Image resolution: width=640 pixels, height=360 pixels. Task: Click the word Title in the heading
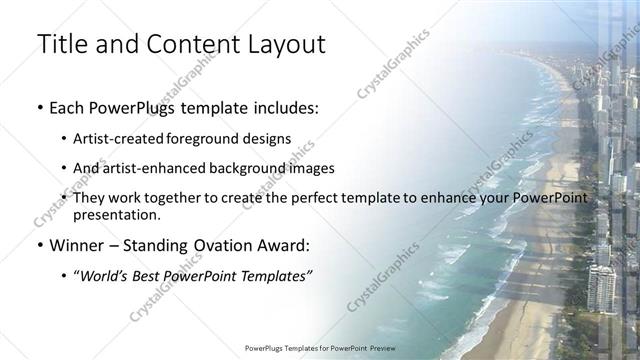63,44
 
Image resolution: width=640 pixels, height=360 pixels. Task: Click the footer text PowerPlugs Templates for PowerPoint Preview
319,349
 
